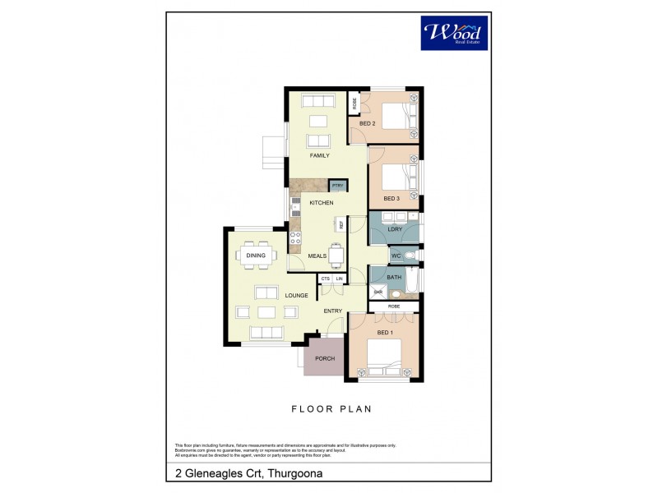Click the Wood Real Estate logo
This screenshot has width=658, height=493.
[454, 33]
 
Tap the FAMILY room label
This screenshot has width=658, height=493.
[319, 155]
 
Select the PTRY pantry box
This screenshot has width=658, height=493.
[337, 187]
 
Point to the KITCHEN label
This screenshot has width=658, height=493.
[321, 202]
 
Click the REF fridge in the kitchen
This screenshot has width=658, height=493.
[340, 223]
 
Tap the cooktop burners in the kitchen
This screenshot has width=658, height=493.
[294, 238]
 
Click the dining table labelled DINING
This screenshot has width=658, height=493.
[256, 256]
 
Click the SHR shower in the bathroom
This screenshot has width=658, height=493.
[378, 292]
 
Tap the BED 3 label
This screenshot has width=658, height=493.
[392, 199]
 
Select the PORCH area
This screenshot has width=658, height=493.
[325, 358]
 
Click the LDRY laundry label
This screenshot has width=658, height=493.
[394, 229]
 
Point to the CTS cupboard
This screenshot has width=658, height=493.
[325, 279]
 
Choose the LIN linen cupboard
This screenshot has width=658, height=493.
[338, 279]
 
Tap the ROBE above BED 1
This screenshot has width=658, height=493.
[395, 306]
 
